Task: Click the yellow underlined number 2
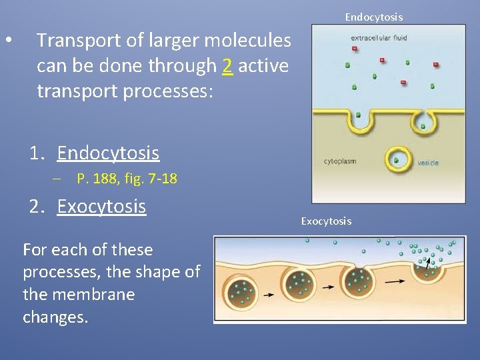pyautogui.click(x=227, y=66)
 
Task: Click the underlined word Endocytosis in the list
pyautogui.click(x=108, y=153)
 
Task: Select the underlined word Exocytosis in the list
pyautogui.click(x=101, y=207)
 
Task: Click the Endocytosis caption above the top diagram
pyautogui.click(x=373, y=17)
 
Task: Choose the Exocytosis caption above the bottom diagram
pyautogui.click(x=325, y=221)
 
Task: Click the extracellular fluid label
pyautogui.click(x=379, y=38)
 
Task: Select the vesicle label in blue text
pyautogui.click(x=428, y=163)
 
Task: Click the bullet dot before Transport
pyautogui.click(x=7, y=41)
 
